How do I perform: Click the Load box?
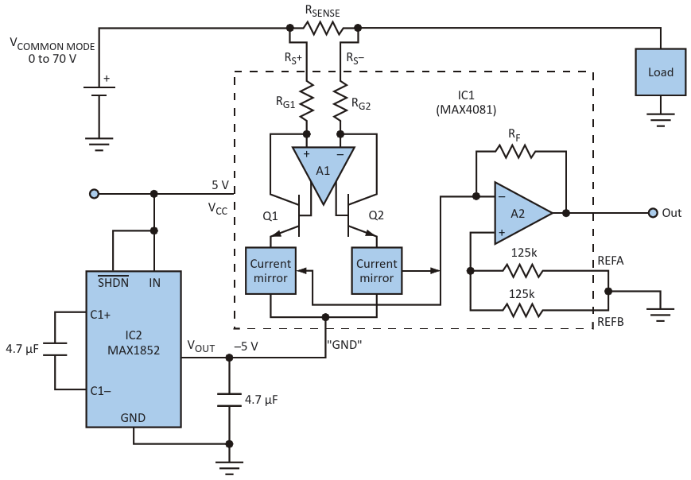coord(660,72)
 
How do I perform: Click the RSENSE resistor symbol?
coord(324,29)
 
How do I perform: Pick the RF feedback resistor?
coord(515,152)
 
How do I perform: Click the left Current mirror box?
coord(270,271)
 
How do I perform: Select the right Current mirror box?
coord(377,271)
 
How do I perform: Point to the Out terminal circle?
coord(653,213)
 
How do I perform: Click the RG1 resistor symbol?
coord(307,101)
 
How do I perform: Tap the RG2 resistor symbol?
coord(340,101)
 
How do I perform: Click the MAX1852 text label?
coord(134,350)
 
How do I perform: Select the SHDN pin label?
coord(113,282)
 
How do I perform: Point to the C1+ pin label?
coord(100,315)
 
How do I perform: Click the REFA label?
coord(611,261)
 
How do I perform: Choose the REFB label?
coord(611,322)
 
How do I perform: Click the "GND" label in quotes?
coord(344,344)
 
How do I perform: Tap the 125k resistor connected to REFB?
coord(523,311)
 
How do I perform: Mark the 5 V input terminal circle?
coord(95,194)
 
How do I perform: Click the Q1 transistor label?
coord(270,216)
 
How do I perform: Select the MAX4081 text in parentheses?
coord(466,110)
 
